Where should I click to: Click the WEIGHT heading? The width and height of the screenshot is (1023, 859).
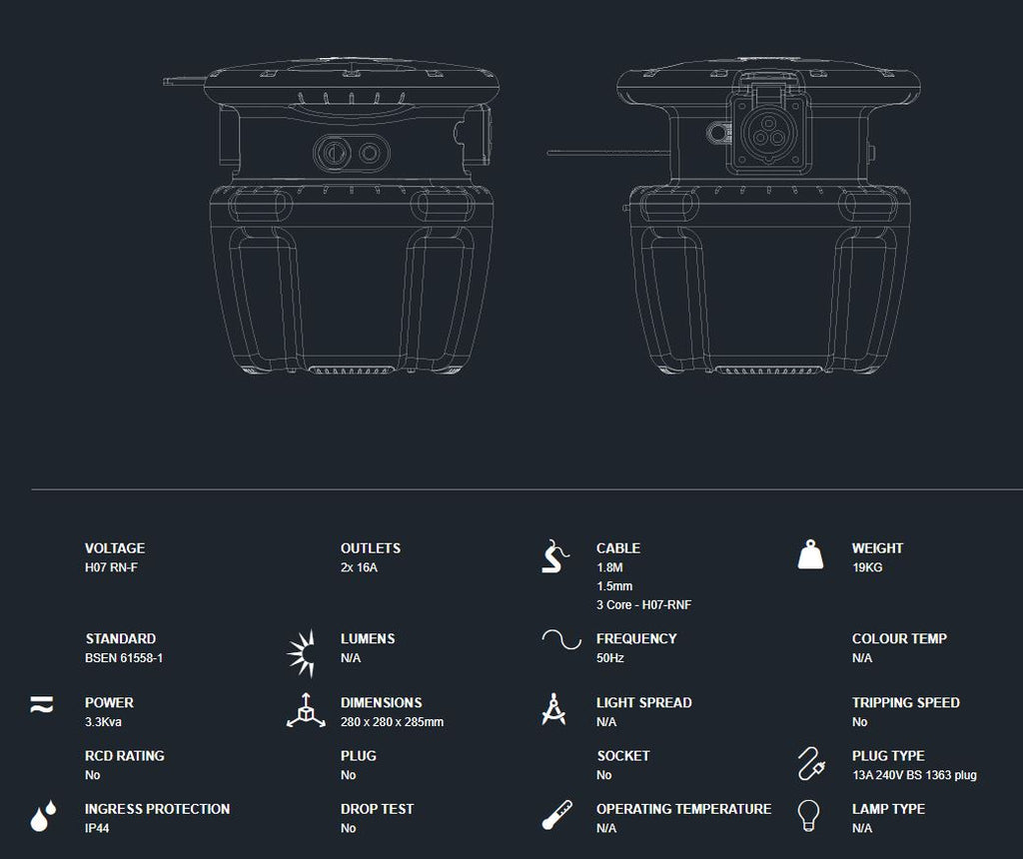[x=877, y=548]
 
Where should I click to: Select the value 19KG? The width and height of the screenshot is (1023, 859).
[x=867, y=567]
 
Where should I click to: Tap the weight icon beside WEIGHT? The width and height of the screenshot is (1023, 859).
[x=810, y=555]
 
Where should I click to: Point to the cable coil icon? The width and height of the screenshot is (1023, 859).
[x=555, y=556]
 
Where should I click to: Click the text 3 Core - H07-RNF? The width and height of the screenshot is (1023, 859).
[x=643, y=605]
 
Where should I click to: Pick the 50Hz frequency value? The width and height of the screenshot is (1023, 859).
[x=610, y=658]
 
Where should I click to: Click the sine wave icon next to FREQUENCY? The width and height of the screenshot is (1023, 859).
[x=561, y=640]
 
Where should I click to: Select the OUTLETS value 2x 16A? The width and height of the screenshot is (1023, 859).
[x=359, y=567]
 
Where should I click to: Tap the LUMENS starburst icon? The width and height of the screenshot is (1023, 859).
[x=302, y=653]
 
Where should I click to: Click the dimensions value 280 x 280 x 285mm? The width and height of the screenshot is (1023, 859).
[x=392, y=722]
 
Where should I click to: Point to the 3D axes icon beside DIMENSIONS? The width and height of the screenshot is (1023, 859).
[x=306, y=710]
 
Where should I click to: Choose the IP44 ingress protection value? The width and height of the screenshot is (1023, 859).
[x=97, y=828]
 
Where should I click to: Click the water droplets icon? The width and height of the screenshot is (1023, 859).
[x=43, y=816]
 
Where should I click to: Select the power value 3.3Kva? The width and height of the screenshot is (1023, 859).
[x=103, y=722]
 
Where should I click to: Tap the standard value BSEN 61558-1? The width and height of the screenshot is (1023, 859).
[x=124, y=658]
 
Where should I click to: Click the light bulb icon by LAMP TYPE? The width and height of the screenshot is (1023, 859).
[x=809, y=815]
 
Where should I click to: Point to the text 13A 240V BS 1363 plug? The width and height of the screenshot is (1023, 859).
[x=914, y=775]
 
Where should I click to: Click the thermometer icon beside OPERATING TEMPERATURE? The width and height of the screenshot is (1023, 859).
[x=557, y=815]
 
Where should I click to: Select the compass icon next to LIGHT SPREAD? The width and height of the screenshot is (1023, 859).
[x=553, y=709]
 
